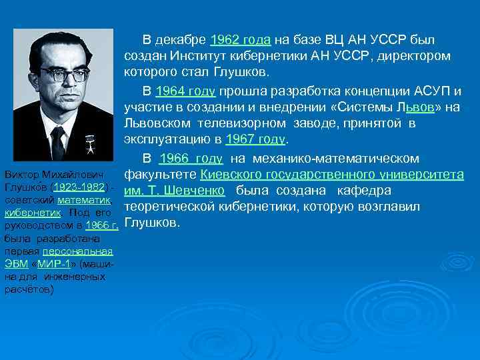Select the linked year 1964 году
point(187,90)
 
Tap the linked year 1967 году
point(256,140)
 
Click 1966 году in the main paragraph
point(191,158)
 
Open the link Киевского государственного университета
point(332,175)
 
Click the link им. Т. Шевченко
point(175,191)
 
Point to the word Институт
point(205,56)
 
